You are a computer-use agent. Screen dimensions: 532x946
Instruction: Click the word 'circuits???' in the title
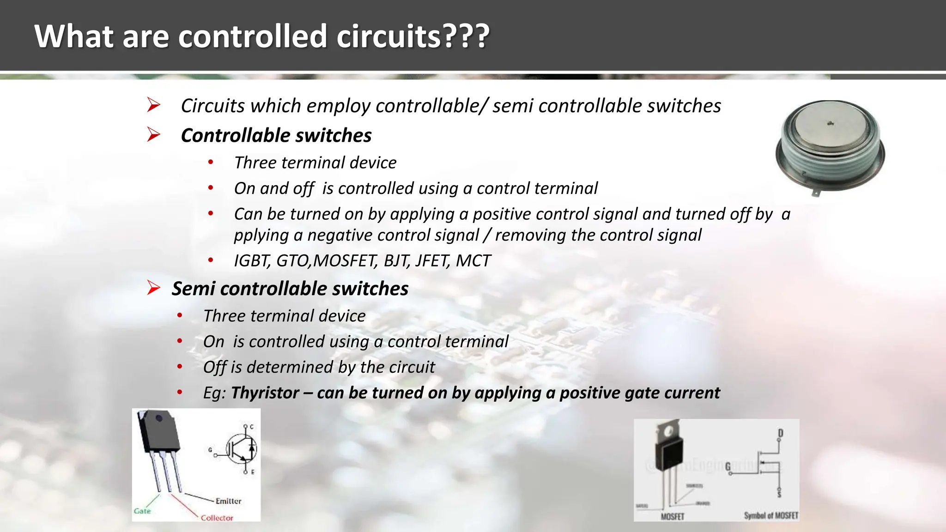(x=412, y=36)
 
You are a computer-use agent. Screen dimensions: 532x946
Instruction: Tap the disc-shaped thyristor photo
(x=830, y=146)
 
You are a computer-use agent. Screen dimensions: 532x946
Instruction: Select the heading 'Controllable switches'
(x=276, y=135)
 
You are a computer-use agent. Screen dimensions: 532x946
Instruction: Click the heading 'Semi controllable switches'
(x=290, y=289)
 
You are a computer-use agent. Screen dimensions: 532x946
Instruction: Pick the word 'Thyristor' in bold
(x=265, y=393)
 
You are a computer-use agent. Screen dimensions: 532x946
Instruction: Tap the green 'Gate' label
(x=142, y=511)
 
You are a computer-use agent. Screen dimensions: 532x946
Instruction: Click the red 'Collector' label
(x=217, y=518)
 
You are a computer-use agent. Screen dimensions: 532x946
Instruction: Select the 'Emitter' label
(x=228, y=501)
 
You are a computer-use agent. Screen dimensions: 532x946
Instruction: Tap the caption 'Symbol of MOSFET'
(x=770, y=515)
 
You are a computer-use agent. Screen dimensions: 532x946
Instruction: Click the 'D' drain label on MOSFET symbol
(x=781, y=433)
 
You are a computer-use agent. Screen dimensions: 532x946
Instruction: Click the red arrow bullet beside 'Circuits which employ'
(x=153, y=105)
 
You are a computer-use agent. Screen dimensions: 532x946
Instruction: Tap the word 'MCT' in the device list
(x=473, y=261)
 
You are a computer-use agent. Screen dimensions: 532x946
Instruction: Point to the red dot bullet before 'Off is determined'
(x=180, y=367)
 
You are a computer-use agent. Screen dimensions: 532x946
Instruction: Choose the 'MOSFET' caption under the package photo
(x=672, y=516)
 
